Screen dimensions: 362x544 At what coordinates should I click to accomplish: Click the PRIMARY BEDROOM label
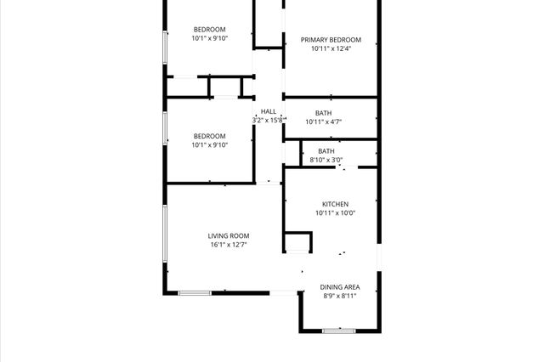(x=331, y=40)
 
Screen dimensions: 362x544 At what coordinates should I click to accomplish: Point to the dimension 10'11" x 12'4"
(x=331, y=49)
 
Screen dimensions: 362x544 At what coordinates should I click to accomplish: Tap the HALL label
(x=269, y=111)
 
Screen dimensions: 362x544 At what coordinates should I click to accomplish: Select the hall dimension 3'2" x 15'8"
(x=269, y=121)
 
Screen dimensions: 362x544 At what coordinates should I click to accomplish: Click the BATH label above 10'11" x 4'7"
(x=324, y=113)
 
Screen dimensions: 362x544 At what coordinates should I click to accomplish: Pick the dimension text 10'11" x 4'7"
(x=324, y=122)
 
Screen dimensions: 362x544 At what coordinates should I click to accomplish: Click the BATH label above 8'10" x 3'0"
(x=326, y=150)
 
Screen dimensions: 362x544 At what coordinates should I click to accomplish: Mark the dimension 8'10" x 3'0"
(x=326, y=160)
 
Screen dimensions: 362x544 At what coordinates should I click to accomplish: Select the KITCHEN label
(x=335, y=204)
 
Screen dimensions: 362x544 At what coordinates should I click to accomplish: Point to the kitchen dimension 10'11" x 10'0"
(x=335, y=213)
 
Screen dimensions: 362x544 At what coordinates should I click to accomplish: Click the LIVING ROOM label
(x=229, y=235)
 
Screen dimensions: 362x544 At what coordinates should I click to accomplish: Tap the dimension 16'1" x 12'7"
(x=229, y=246)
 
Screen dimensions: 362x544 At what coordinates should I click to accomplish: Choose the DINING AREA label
(x=338, y=287)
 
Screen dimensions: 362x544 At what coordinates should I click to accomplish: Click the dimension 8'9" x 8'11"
(x=338, y=297)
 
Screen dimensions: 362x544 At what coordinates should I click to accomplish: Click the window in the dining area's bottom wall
(x=338, y=330)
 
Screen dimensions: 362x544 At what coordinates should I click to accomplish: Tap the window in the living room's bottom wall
(x=195, y=293)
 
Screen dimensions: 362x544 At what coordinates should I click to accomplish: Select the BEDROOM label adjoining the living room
(x=209, y=136)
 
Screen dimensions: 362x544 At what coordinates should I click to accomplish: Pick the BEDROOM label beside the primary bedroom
(x=209, y=29)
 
